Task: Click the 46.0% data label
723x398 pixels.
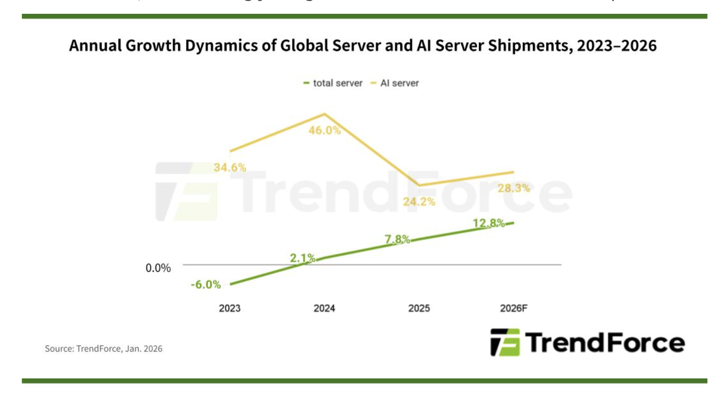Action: click(325, 130)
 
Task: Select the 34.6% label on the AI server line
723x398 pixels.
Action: click(230, 167)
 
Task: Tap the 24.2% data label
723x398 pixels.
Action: click(419, 202)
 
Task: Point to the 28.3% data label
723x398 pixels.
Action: click(514, 188)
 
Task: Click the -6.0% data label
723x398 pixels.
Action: click(206, 284)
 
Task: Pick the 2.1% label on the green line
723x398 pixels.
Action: click(303, 258)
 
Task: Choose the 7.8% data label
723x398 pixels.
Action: click(397, 239)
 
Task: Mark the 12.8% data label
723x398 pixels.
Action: click(488, 223)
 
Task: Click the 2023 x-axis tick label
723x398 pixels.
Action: click(229, 308)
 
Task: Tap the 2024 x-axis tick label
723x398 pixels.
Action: click(324, 308)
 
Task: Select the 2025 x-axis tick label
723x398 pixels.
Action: click(419, 308)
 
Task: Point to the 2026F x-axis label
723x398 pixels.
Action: click(513, 308)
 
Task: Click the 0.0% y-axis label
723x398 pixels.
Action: click(158, 268)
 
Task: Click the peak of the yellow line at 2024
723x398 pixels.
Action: click(325, 114)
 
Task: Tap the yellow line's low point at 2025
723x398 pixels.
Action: click(419, 185)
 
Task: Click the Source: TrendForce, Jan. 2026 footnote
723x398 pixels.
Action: click(103, 349)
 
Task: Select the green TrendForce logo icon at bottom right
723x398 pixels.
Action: click(505, 342)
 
